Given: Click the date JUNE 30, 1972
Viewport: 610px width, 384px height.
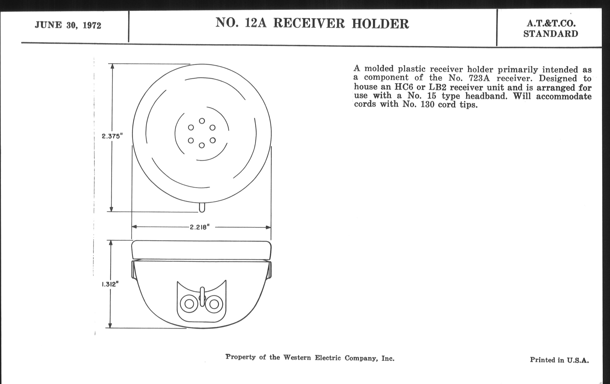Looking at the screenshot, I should (68, 25).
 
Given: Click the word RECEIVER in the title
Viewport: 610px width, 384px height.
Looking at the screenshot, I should (309, 24).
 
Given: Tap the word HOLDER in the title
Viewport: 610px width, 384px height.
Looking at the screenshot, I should (380, 24).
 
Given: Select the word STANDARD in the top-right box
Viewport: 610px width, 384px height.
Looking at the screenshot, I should (551, 34).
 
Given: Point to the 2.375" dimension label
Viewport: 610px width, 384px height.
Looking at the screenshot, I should (112, 136).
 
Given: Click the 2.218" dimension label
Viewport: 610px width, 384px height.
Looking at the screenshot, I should (200, 227).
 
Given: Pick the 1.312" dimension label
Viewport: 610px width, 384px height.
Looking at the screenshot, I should (110, 284).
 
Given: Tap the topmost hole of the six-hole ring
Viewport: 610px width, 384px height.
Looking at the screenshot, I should (202, 121).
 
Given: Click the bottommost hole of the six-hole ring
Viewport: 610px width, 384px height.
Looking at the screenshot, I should (202, 145).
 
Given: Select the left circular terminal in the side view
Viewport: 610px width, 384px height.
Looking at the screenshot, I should (189, 304).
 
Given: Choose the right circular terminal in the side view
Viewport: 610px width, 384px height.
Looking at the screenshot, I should (214, 304).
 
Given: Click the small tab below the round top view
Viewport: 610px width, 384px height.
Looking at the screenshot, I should (202, 208).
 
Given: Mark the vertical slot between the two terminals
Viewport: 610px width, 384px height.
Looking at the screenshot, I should (202, 297).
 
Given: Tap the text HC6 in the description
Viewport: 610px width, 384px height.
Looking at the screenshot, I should (404, 87).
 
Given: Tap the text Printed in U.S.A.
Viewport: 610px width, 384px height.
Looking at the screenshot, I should (559, 360).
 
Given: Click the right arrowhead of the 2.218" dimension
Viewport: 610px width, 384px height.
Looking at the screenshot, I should (269, 227).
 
